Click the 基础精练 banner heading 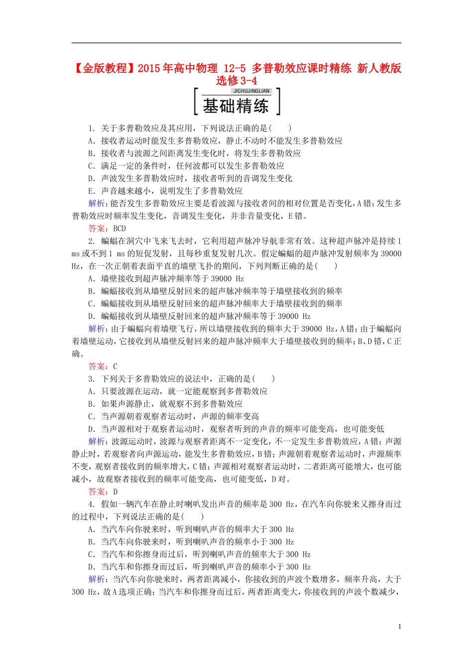236,106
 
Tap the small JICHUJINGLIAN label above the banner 251,91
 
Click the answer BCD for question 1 119,229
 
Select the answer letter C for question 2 115,366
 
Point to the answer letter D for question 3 115,492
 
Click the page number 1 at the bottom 399,627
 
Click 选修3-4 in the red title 236,81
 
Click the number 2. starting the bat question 92,241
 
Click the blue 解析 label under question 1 97,203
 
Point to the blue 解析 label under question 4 97,579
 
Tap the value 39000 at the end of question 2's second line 391,254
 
